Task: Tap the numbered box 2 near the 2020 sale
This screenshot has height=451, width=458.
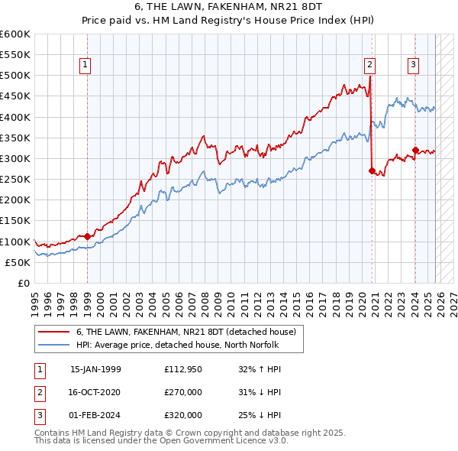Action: tap(369, 65)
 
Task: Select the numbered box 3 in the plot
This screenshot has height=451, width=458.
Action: tap(413, 65)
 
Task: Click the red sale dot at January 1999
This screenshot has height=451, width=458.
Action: tap(87, 236)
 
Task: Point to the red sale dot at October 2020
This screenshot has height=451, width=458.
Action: tap(372, 171)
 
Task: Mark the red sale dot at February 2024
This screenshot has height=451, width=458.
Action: tap(415, 151)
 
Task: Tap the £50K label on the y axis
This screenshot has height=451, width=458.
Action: tap(18, 262)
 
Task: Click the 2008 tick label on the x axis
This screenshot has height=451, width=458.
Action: tap(205, 300)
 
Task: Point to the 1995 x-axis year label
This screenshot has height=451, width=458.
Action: tap(35, 300)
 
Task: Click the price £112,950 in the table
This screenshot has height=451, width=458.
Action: tap(182, 368)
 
